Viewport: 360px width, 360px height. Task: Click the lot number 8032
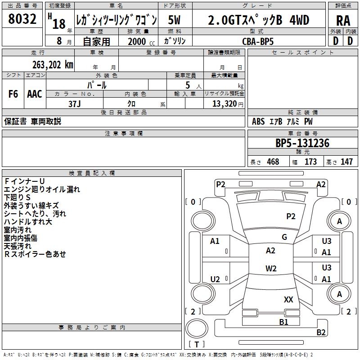(x=22, y=19)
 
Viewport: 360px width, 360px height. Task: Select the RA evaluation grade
(x=343, y=21)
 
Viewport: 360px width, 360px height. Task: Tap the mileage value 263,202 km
(x=53, y=65)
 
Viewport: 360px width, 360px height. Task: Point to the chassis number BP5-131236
(x=302, y=143)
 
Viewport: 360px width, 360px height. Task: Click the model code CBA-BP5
(x=258, y=41)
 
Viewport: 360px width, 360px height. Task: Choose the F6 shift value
(x=13, y=94)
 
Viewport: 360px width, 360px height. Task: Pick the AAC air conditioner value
(x=35, y=94)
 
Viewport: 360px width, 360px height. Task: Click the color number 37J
(x=75, y=104)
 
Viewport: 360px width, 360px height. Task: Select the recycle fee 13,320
(x=225, y=103)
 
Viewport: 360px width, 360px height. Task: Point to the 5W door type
(x=174, y=20)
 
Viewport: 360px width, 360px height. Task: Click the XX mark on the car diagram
(x=288, y=299)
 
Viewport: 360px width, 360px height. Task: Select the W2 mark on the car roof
(x=271, y=268)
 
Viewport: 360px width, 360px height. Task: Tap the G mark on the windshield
(x=284, y=237)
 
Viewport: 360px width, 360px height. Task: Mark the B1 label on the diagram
(x=283, y=322)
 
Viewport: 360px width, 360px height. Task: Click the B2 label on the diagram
(x=321, y=332)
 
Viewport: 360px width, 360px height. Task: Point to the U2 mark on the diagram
(x=215, y=279)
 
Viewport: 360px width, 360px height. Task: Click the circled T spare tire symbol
(x=197, y=329)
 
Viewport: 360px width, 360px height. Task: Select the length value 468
(x=273, y=162)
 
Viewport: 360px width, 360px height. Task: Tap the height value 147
(x=346, y=162)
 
